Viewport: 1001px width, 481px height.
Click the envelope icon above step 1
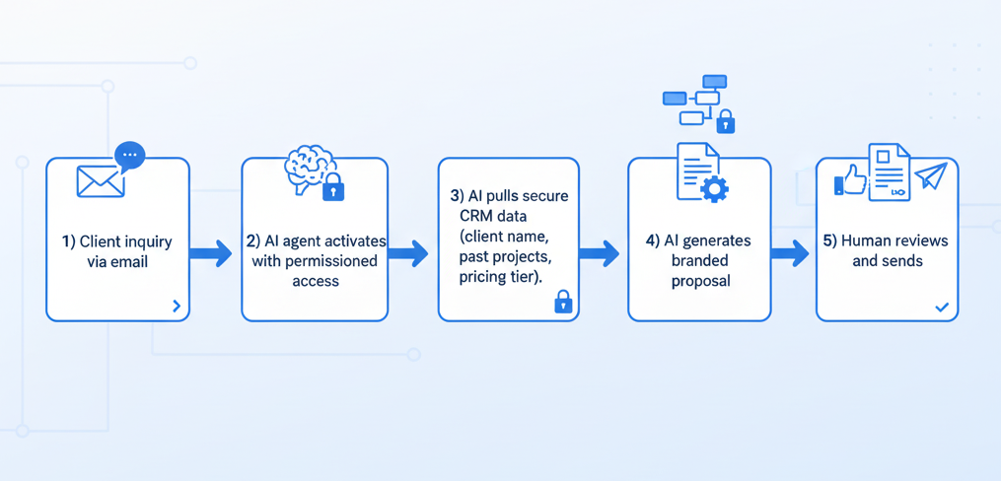[x=101, y=181]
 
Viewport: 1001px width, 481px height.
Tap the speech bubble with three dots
[x=129, y=156]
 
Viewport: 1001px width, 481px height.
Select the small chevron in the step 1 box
[x=177, y=306]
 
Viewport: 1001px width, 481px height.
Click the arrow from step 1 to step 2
[x=210, y=254]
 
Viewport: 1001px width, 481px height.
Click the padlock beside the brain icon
[x=333, y=187]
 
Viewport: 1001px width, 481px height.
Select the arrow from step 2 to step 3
[x=407, y=254]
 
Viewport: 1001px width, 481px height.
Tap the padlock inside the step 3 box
[x=563, y=302]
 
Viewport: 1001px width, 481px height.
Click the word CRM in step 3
[x=478, y=216]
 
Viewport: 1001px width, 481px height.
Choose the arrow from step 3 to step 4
[x=599, y=254]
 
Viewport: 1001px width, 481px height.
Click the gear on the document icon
[x=714, y=188]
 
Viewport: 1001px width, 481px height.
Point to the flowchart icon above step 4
[x=695, y=100]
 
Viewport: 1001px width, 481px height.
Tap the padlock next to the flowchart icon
[x=726, y=122]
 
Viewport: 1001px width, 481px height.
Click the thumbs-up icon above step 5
[x=851, y=180]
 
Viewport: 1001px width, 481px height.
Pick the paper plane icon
[x=930, y=175]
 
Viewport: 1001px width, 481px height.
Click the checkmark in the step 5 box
[x=942, y=308]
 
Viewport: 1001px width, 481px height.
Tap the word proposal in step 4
[x=700, y=281]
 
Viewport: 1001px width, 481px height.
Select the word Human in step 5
[x=866, y=241]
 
